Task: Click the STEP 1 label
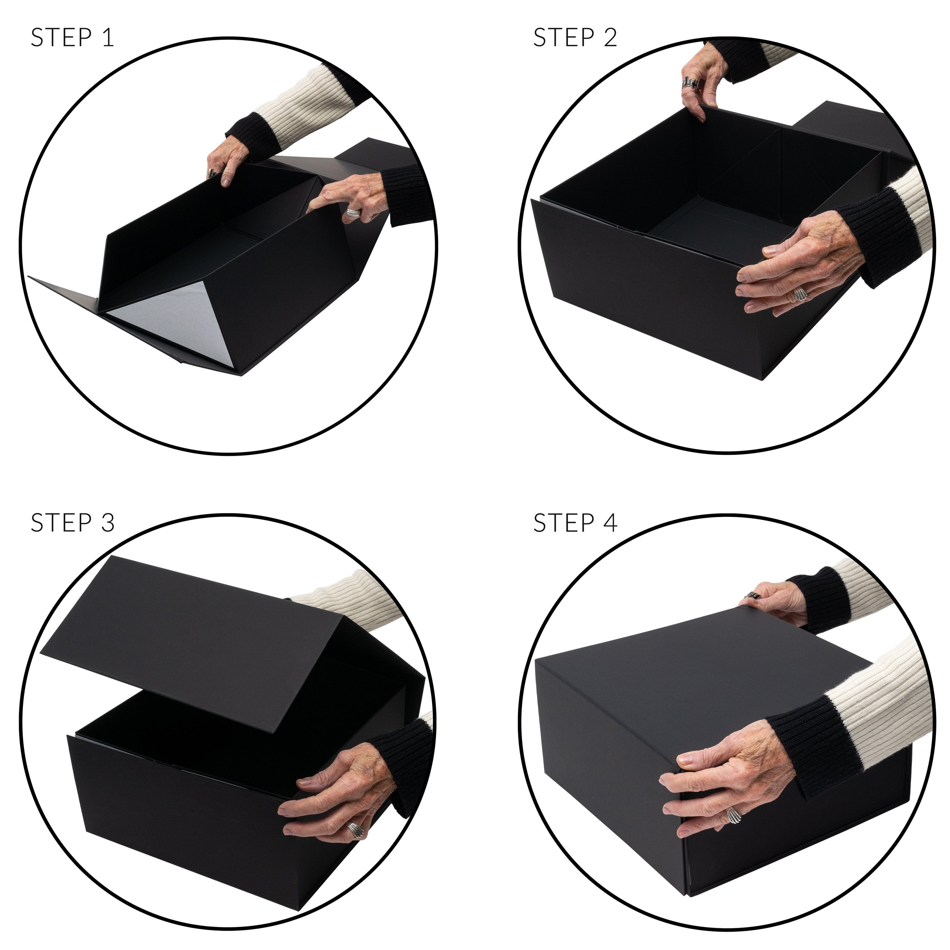72,38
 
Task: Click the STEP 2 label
575,38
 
